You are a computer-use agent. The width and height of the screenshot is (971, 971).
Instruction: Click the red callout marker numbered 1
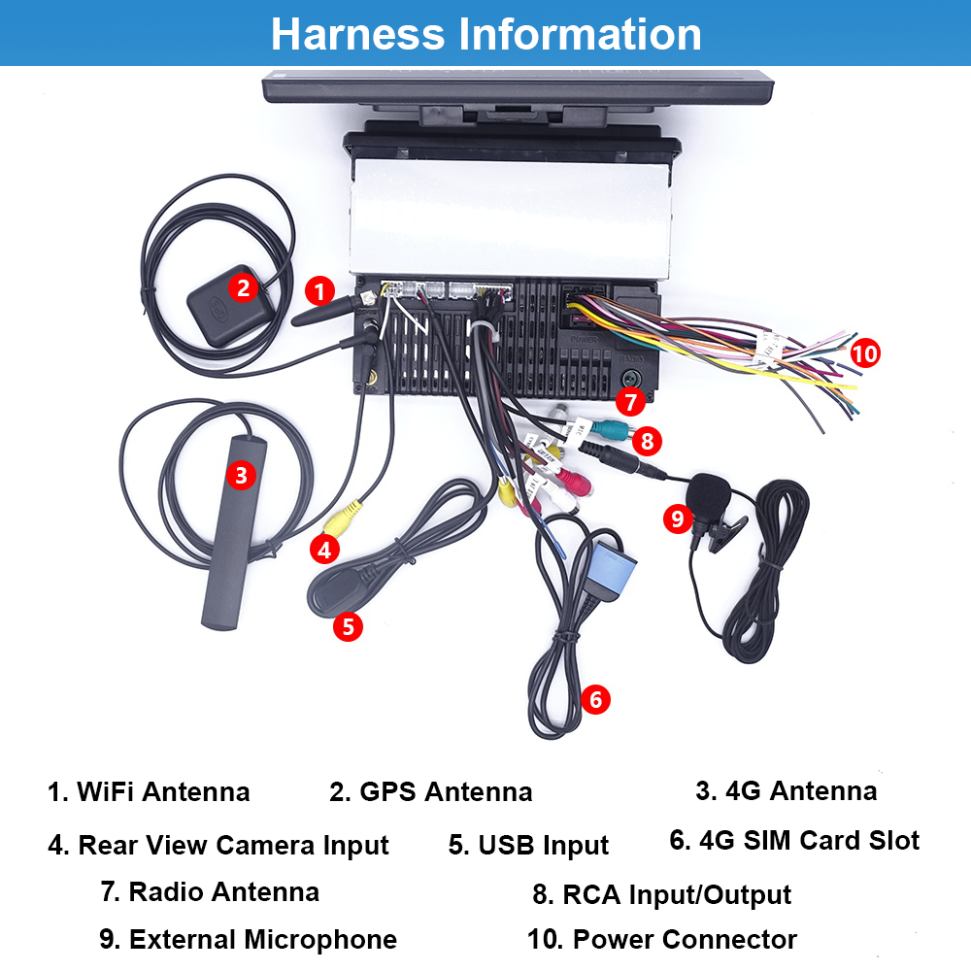click(x=319, y=288)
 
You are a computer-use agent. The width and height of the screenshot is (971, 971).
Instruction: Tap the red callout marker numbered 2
click(x=244, y=286)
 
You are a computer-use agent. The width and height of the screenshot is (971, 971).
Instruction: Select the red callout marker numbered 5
click(x=348, y=625)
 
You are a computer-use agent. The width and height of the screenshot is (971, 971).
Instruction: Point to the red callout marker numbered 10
click(x=864, y=352)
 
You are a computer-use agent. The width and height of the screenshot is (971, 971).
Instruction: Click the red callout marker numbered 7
click(x=629, y=399)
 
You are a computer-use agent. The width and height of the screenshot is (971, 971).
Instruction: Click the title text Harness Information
click(x=485, y=33)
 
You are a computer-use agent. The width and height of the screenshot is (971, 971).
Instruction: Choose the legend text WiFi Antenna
click(x=149, y=791)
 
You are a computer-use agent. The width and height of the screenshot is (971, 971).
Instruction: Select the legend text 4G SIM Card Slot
click(x=794, y=840)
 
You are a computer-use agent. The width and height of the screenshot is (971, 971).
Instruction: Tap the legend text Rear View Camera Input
click(x=218, y=845)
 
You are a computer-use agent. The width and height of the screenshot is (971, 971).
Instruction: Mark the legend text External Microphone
click(x=248, y=940)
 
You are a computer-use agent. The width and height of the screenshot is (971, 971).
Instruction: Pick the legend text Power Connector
click(x=662, y=940)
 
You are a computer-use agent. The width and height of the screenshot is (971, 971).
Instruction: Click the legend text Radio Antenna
click(x=209, y=891)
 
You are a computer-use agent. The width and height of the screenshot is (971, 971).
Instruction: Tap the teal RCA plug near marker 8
click(x=610, y=429)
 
